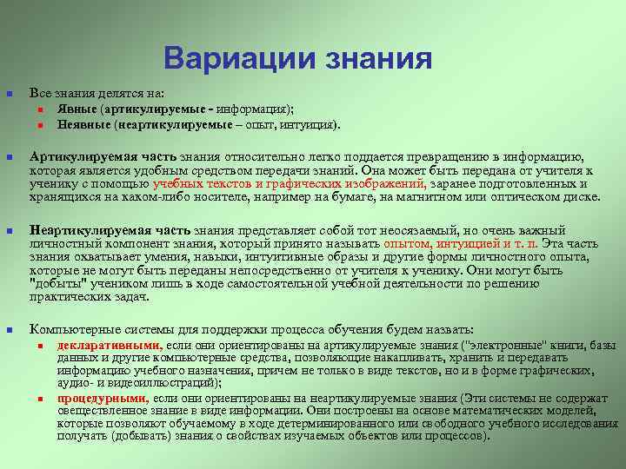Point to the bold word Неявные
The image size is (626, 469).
83,124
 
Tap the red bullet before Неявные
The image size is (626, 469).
41,125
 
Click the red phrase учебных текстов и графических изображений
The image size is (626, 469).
289,184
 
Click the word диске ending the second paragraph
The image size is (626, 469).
580,197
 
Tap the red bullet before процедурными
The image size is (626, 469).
41,398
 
